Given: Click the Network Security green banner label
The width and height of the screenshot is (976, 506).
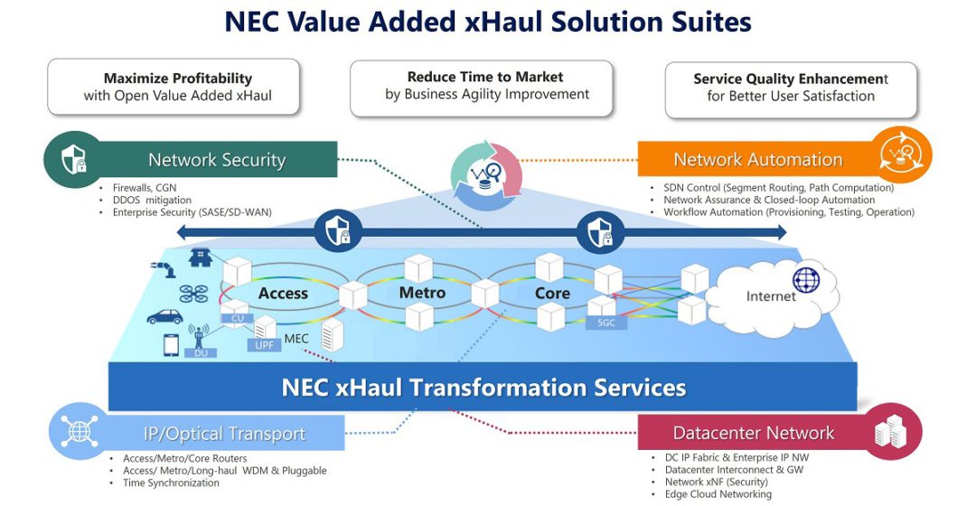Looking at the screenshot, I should pyautogui.click(x=217, y=161).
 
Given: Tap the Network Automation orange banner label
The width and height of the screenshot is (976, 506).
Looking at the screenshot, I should pyautogui.click(x=757, y=160).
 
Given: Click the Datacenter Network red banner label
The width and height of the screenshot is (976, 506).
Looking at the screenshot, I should pyautogui.click(x=754, y=433).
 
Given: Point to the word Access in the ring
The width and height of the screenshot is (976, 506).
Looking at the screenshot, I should pyautogui.click(x=283, y=293).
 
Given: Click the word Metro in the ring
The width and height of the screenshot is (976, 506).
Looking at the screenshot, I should pyautogui.click(x=422, y=292).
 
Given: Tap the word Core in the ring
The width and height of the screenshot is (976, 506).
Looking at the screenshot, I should pyautogui.click(x=552, y=293).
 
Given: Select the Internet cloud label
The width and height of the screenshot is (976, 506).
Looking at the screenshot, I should pyautogui.click(x=770, y=295).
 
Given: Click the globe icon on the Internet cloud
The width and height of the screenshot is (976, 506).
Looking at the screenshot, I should pyautogui.click(x=805, y=280).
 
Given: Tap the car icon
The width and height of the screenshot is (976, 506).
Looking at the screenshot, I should pyautogui.click(x=164, y=317).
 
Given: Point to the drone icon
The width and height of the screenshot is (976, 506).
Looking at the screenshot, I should pyautogui.click(x=193, y=294).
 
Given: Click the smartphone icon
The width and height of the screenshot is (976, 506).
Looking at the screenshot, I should pyautogui.click(x=171, y=344).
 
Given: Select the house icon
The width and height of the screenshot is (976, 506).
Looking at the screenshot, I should pyautogui.click(x=200, y=258).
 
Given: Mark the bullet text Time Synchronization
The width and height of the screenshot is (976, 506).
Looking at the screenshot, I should pyautogui.click(x=171, y=483).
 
